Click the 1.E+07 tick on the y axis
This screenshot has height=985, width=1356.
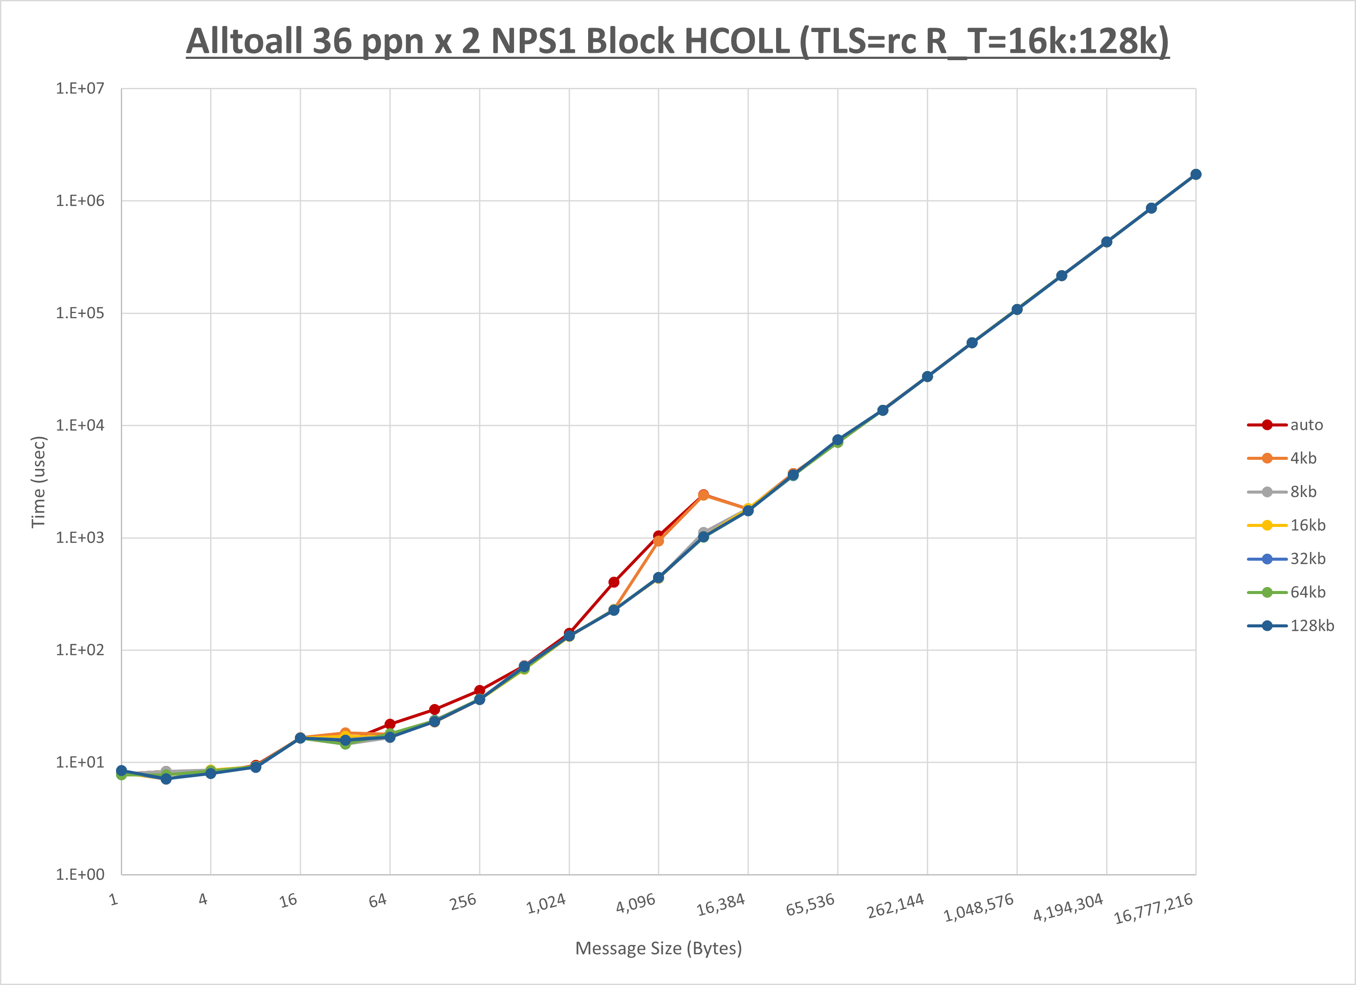coord(80,88)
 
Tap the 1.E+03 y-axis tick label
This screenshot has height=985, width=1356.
coord(80,538)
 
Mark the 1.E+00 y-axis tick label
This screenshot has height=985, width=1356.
coord(80,875)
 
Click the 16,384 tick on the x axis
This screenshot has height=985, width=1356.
coord(721,904)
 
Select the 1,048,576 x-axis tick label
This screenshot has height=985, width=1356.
coord(979,907)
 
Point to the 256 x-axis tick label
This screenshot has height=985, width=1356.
coord(463,901)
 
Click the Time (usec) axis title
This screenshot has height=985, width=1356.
coord(38,482)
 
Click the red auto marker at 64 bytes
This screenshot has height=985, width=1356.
coord(390,724)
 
